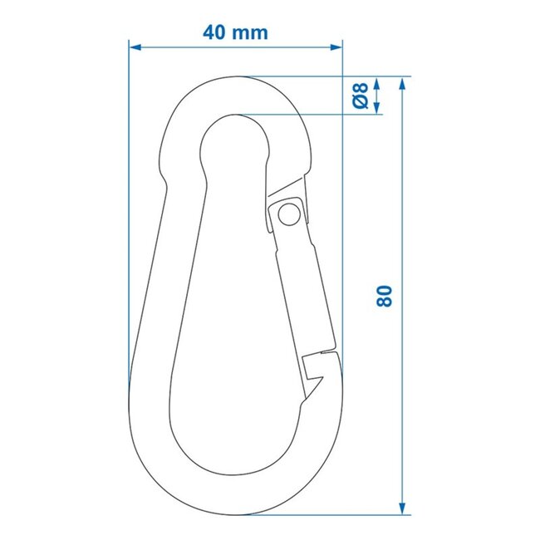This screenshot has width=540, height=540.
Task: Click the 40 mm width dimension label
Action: tap(235, 32)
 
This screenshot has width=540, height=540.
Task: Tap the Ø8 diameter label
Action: tap(360, 96)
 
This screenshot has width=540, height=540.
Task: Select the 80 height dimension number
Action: tap(383, 296)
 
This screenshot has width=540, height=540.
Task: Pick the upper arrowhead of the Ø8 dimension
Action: tap(377, 84)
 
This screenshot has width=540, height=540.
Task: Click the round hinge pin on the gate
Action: tap(288, 215)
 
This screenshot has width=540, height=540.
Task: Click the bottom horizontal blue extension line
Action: tap(324, 514)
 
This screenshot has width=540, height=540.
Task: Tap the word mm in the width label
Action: tap(252, 32)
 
